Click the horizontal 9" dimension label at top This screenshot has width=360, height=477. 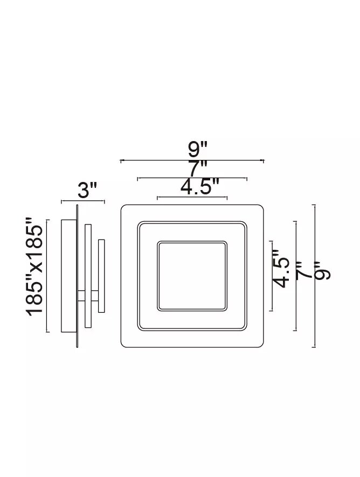[x=197, y=150]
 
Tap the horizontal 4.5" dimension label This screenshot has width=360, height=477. [x=200, y=186]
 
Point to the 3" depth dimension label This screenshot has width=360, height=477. [x=87, y=191]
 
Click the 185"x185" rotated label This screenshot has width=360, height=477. [x=34, y=266]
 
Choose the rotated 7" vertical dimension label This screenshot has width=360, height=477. [x=303, y=270]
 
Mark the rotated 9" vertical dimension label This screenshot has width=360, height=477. [x=322, y=270]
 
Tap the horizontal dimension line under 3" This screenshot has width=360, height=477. [x=83, y=201]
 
